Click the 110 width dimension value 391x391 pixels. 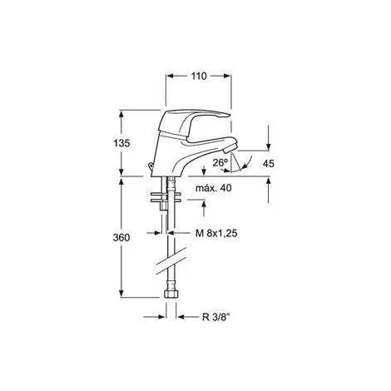point(199,76)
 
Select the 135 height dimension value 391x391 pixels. point(121,143)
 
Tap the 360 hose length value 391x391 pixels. point(121,237)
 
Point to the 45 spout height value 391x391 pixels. point(268,164)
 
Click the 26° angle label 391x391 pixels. point(220,162)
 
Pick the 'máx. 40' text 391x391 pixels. point(214,188)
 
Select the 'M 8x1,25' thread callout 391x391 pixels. point(216,233)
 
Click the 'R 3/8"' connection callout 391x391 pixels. point(216,317)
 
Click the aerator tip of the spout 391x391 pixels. point(230,148)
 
